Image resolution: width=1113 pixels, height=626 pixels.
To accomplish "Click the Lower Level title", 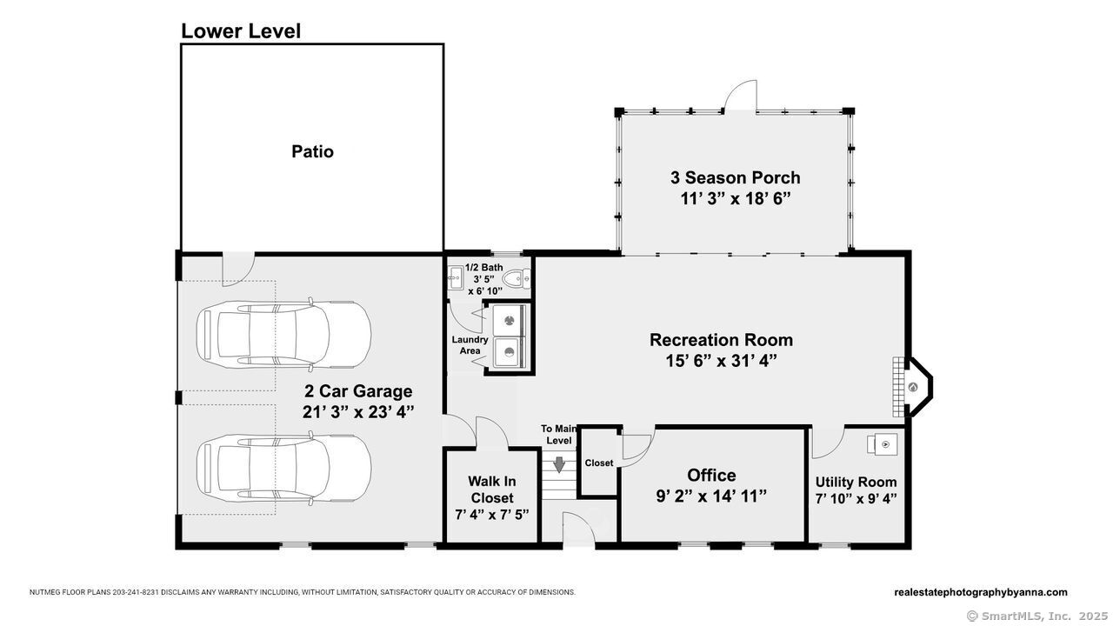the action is coord(241,30).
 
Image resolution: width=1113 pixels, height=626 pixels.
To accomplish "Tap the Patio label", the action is coord(312,151).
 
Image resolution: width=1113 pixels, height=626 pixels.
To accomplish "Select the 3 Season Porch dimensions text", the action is coord(736,199).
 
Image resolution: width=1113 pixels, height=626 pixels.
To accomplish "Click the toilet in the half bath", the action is coord(517,278).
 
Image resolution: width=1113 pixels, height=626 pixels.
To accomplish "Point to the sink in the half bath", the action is coord(455,277).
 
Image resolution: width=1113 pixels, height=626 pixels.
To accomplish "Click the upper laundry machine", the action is coord(509,321).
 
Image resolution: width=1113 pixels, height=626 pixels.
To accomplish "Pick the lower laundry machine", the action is coord(509,352).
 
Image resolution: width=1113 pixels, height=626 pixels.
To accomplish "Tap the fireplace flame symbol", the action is coord(913,387).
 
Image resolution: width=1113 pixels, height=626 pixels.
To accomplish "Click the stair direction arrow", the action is coord(559,464).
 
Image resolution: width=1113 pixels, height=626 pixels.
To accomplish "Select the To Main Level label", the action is coord(559,434).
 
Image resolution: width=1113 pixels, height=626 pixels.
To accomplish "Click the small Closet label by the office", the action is coord(599,463).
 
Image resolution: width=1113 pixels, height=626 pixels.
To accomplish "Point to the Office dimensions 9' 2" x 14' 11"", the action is coord(711,496).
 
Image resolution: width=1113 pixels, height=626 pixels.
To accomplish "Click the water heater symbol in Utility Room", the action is coord(883,444).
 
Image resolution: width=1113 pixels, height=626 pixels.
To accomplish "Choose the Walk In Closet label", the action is coord(492,489).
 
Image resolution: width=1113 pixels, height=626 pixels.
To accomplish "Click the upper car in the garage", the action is coord(283,335).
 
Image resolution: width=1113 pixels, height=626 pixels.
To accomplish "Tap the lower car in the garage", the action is coord(283,469).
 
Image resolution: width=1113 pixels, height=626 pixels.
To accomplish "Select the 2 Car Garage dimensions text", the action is coord(358,412).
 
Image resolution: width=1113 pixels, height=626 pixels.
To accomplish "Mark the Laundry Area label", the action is coord(470,345).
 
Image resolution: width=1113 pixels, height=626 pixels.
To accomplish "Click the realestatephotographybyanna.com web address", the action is coord(980,592).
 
